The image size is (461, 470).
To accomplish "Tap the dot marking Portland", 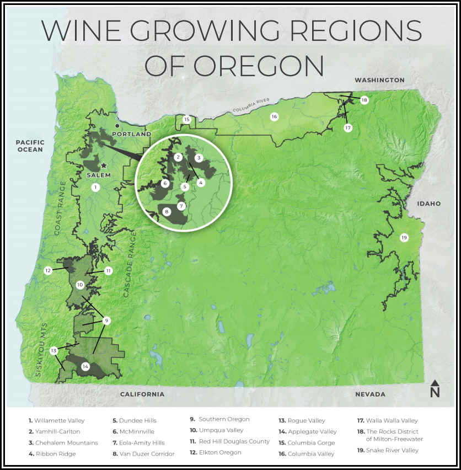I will click(117, 126).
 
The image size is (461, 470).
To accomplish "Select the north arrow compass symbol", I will click(435, 388).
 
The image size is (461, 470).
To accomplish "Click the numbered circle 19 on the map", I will click(404, 238).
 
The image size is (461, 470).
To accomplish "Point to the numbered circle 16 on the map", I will click(274, 116).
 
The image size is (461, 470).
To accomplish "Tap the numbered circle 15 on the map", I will click(187, 119).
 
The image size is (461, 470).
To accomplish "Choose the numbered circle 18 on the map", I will click(364, 100).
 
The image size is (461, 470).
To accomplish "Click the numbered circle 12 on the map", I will click(48, 270).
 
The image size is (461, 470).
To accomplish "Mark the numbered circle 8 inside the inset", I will click(167, 211).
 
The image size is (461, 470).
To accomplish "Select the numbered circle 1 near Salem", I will click(95, 188).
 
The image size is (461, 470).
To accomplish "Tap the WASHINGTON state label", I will click(379, 80).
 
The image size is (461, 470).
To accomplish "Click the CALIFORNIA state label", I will click(142, 394).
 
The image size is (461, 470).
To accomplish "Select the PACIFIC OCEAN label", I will click(30, 146).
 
